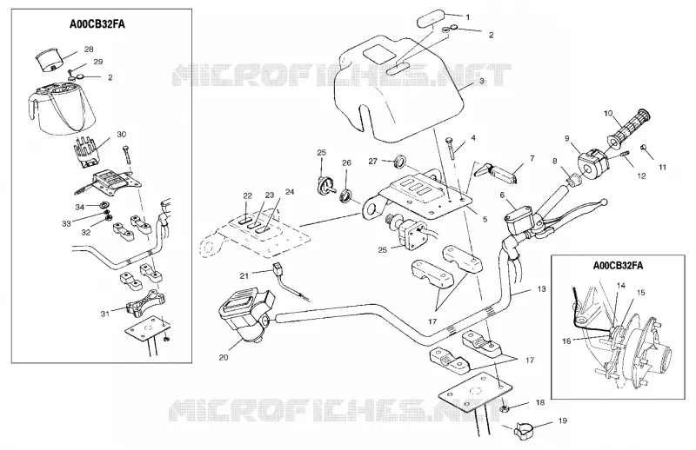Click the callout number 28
pyautogui.click(x=89, y=50)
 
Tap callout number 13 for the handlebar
pyautogui.click(x=541, y=289)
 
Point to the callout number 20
pyautogui.click(x=224, y=357)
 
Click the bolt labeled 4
pyautogui.click(x=451, y=148)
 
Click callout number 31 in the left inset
pyautogui.click(x=104, y=314)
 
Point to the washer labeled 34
pyautogui.click(x=105, y=205)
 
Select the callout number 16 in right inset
pyautogui.click(x=567, y=341)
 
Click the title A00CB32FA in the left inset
pyautogui.click(x=97, y=24)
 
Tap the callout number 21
pyautogui.click(x=244, y=275)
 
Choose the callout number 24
pyautogui.click(x=290, y=192)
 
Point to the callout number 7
pyautogui.click(x=532, y=158)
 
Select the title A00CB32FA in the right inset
pyautogui.click(x=618, y=266)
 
